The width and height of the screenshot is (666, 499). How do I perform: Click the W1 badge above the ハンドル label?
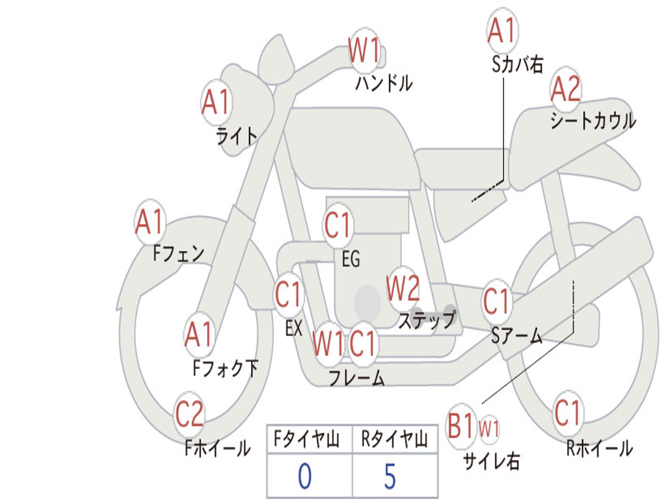click(x=364, y=51)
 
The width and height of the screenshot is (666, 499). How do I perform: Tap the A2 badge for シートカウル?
click(x=566, y=89)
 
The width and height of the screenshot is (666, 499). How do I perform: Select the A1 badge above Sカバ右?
click(x=501, y=30)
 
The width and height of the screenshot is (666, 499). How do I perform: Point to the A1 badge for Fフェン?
click(x=150, y=222)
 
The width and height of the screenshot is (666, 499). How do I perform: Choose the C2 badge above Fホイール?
click(x=189, y=414)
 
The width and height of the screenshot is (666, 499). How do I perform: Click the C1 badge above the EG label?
click(x=338, y=226)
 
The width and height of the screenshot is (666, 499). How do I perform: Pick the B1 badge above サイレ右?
click(x=462, y=427)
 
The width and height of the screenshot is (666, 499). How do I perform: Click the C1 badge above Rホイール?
click(x=567, y=413)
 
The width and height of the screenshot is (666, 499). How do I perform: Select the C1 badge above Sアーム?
click(x=498, y=301)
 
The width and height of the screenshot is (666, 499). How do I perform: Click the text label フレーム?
click(x=356, y=377)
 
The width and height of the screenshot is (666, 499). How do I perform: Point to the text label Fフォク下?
click(x=226, y=368)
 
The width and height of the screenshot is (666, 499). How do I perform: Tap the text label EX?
click(x=294, y=328)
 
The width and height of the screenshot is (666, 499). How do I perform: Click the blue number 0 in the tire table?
click(x=304, y=476)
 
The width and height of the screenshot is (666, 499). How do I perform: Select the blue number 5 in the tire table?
click(x=390, y=476)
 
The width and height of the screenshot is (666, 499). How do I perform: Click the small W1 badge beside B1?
click(x=489, y=428)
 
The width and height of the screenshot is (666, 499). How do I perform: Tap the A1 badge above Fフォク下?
click(x=198, y=334)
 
